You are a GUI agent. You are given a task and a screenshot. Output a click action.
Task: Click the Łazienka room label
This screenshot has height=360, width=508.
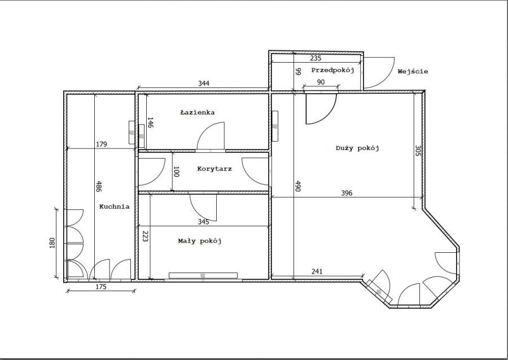[x=198, y=112]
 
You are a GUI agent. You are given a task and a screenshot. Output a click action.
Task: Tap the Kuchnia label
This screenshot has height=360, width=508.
[x=114, y=207]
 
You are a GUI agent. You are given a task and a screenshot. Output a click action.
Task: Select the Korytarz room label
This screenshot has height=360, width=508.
[x=214, y=169]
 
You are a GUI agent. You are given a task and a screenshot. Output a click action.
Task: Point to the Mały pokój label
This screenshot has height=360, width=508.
[x=200, y=241]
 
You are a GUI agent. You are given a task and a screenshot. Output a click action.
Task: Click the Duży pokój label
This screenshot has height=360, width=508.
[x=357, y=148]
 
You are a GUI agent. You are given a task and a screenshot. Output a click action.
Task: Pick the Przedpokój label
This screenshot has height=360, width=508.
[x=332, y=71]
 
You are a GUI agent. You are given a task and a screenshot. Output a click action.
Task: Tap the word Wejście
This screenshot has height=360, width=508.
[x=413, y=71]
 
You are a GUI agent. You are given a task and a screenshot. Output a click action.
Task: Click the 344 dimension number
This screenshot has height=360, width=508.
[x=203, y=83]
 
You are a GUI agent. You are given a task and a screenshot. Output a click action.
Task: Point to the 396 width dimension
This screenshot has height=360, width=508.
[x=347, y=193]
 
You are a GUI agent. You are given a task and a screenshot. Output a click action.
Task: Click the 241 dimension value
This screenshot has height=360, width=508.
[x=317, y=271]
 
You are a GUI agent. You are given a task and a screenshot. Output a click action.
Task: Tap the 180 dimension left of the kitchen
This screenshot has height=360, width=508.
[x=52, y=243]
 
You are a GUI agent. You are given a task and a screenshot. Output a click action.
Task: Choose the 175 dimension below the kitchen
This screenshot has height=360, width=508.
[x=102, y=287]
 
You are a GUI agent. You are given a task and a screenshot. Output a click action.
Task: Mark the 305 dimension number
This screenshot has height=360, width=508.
[x=418, y=151]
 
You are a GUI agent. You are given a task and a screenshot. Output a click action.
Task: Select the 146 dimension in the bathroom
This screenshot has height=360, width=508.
[x=150, y=122]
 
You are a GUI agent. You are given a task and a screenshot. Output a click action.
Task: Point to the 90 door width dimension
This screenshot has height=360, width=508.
[x=321, y=82]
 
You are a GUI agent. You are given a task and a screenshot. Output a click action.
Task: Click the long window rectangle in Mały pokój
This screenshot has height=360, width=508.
[x=203, y=275]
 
